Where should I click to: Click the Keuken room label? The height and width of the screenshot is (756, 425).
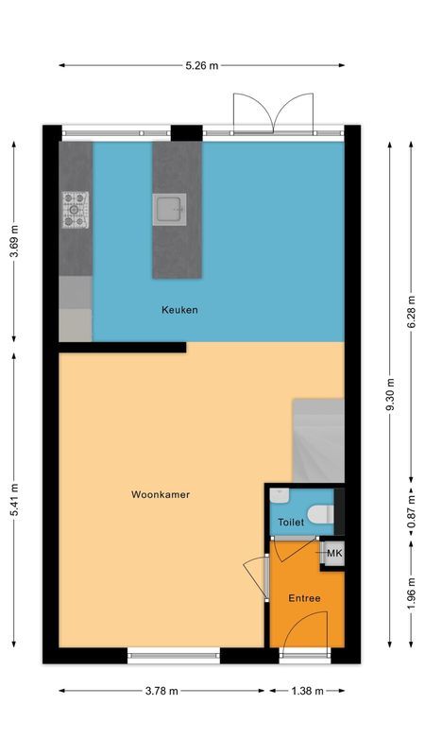179,310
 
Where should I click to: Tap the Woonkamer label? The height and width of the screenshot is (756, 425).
161,493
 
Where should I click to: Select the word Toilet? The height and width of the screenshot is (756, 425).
291,522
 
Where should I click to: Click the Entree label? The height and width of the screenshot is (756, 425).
304,598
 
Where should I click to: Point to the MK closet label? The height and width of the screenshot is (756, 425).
334,553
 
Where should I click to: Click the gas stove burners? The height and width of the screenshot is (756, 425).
76,210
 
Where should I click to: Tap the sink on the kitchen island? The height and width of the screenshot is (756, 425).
171,209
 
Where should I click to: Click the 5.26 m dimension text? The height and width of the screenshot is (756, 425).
201,65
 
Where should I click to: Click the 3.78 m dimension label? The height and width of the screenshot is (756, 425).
161,691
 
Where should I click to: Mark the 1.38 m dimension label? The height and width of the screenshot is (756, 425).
307,691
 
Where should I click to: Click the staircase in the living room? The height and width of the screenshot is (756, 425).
316,438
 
